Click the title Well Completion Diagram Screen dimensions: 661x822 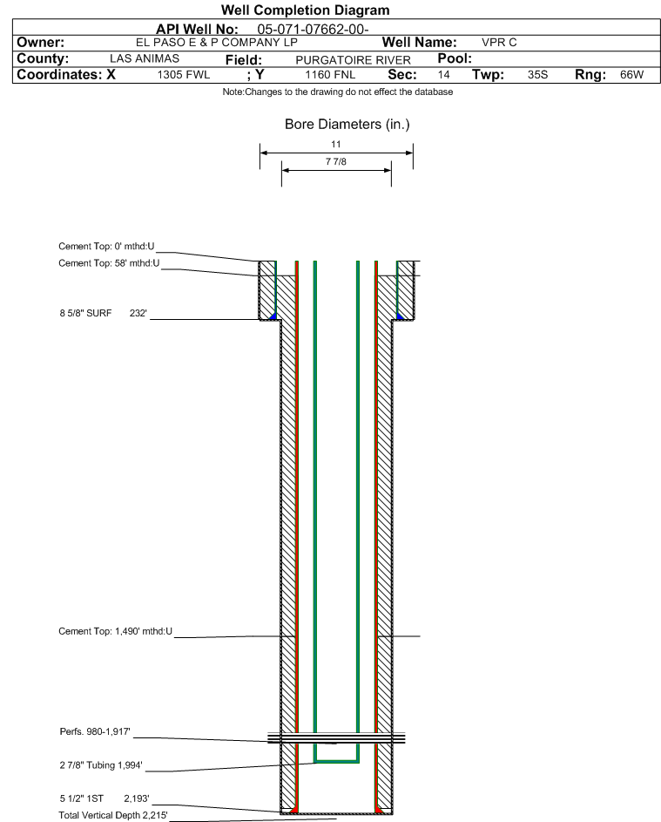click(x=305, y=10)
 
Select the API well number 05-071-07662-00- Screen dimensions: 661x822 click(x=313, y=30)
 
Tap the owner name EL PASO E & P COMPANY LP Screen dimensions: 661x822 click(x=216, y=43)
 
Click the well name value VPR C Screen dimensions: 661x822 click(x=499, y=43)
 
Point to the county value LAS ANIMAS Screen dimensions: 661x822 click(x=145, y=58)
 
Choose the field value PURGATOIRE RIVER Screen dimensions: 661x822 click(x=353, y=60)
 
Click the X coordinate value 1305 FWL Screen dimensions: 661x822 click(x=183, y=75)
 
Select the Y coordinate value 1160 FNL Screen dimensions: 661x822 click(x=330, y=75)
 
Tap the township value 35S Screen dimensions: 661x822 click(x=537, y=75)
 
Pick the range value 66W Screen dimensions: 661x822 click(x=631, y=75)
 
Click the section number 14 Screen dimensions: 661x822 click(x=443, y=75)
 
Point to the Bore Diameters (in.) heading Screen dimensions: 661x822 click(x=347, y=125)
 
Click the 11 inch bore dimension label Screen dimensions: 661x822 click(x=336, y=144)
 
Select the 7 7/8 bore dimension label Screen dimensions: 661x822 click(x=336, y=161)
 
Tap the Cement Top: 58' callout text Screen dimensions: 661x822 click(x=109, y=263)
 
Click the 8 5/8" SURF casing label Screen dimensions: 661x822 click(x=85, y=313)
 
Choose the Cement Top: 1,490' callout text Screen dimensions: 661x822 click(x=115, y=631)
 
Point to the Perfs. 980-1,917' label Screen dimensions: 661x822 click(x=95, y=731)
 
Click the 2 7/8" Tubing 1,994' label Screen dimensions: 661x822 click(x=100, y=764)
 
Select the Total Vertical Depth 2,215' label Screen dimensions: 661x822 click(x=113, y=815)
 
